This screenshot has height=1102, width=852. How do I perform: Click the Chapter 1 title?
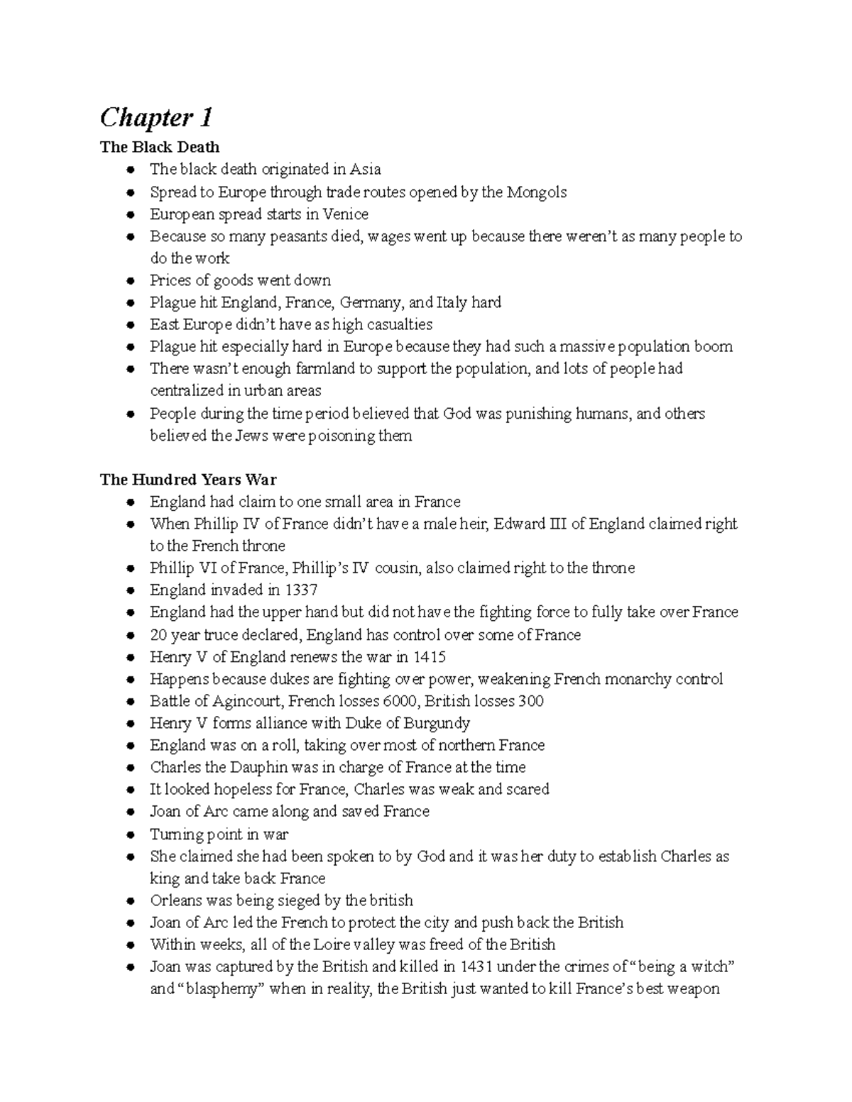pyautogui.click(x=156, y=117)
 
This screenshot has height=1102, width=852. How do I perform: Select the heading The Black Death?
pyautogui.click(x=160, y=147)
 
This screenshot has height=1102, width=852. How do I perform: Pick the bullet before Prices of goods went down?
pyautogui.click(x=130, y=281)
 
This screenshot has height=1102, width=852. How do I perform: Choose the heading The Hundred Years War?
pyautogui.click(x=188, y=479)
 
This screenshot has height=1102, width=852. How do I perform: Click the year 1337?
pyautogui.click(x=301, y=590)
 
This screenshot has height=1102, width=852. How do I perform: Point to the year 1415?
pyautogui.click(x=429, y=656)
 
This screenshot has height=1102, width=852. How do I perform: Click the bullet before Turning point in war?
pyautogui.click(x=130, y=835)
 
